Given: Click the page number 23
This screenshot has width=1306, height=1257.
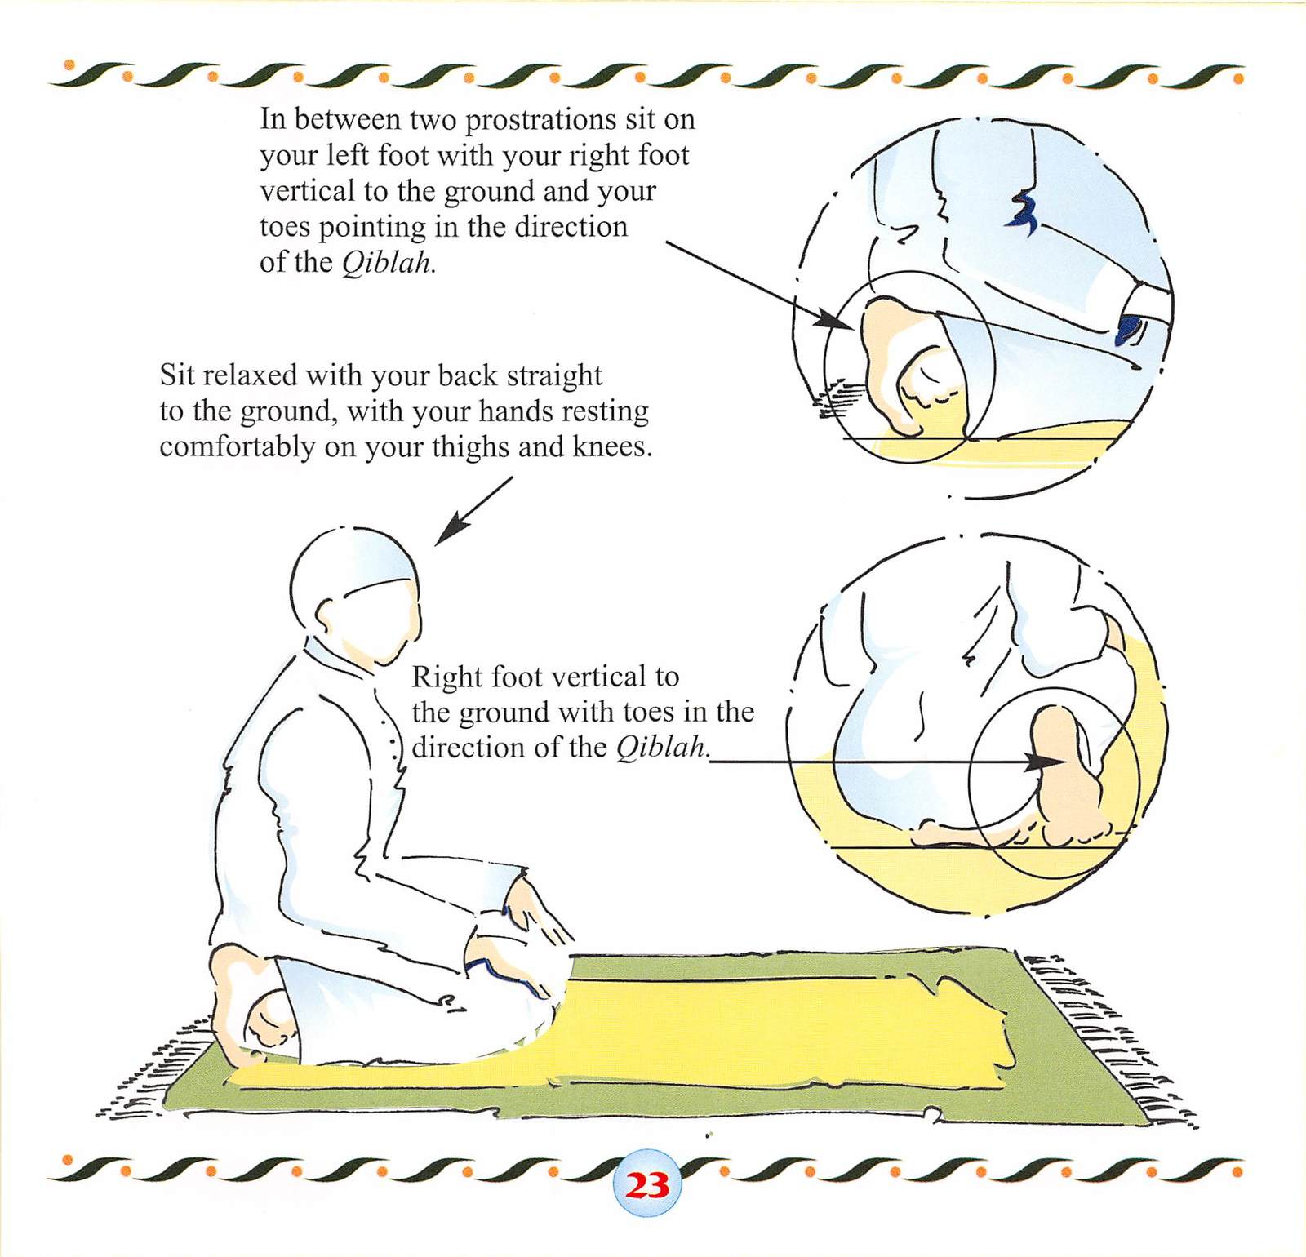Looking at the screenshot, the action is coord(646,1184).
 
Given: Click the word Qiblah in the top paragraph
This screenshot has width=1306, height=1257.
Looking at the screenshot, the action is coord(386,263).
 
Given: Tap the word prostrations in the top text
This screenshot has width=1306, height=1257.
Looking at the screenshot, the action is coord(540,120).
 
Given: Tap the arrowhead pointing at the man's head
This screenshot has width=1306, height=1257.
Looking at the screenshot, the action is coord(451,528).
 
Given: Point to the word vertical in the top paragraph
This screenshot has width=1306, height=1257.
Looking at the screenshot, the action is coord(308,191).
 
